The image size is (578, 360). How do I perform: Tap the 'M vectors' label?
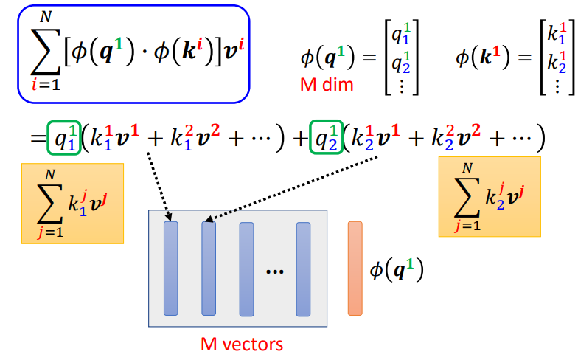click(242, 344)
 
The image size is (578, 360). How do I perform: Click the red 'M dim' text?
click(327, 85)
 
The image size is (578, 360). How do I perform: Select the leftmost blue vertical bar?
click(171, 269)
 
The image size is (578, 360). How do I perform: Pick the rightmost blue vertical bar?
click(304, 269)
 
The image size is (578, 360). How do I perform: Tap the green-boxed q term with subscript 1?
click(62, 137)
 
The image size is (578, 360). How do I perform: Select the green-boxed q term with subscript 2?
click(326, 137)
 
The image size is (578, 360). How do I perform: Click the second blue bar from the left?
click(209, 269)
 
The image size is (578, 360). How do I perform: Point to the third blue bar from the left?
click(246, 269)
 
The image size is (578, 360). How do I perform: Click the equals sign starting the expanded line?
click(35, 137)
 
